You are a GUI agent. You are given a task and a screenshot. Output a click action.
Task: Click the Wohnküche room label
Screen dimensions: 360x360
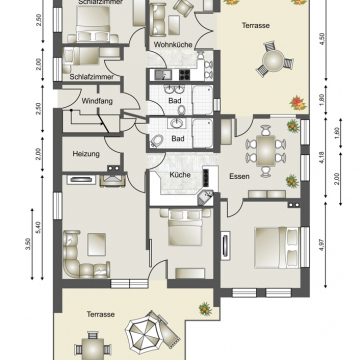pyautogui.click(x=173, y=44)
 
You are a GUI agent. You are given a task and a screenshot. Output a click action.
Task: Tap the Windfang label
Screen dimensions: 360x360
pyautogui.click(x=97, y=101)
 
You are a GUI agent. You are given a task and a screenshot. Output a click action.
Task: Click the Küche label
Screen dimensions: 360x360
pyautogui.click(x=180, y=175)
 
